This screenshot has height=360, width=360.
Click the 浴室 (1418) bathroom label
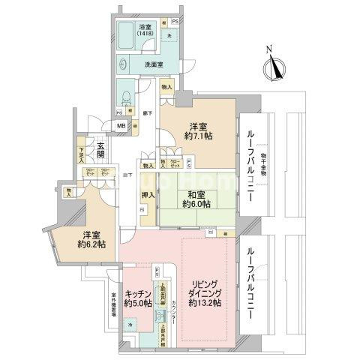coord(144,31)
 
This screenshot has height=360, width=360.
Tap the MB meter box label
coord(121,127)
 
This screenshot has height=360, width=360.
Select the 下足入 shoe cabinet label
coord(82,154)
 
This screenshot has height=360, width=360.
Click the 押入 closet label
coord(148,196)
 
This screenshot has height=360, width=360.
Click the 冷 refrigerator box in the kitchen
coord(130,324)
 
